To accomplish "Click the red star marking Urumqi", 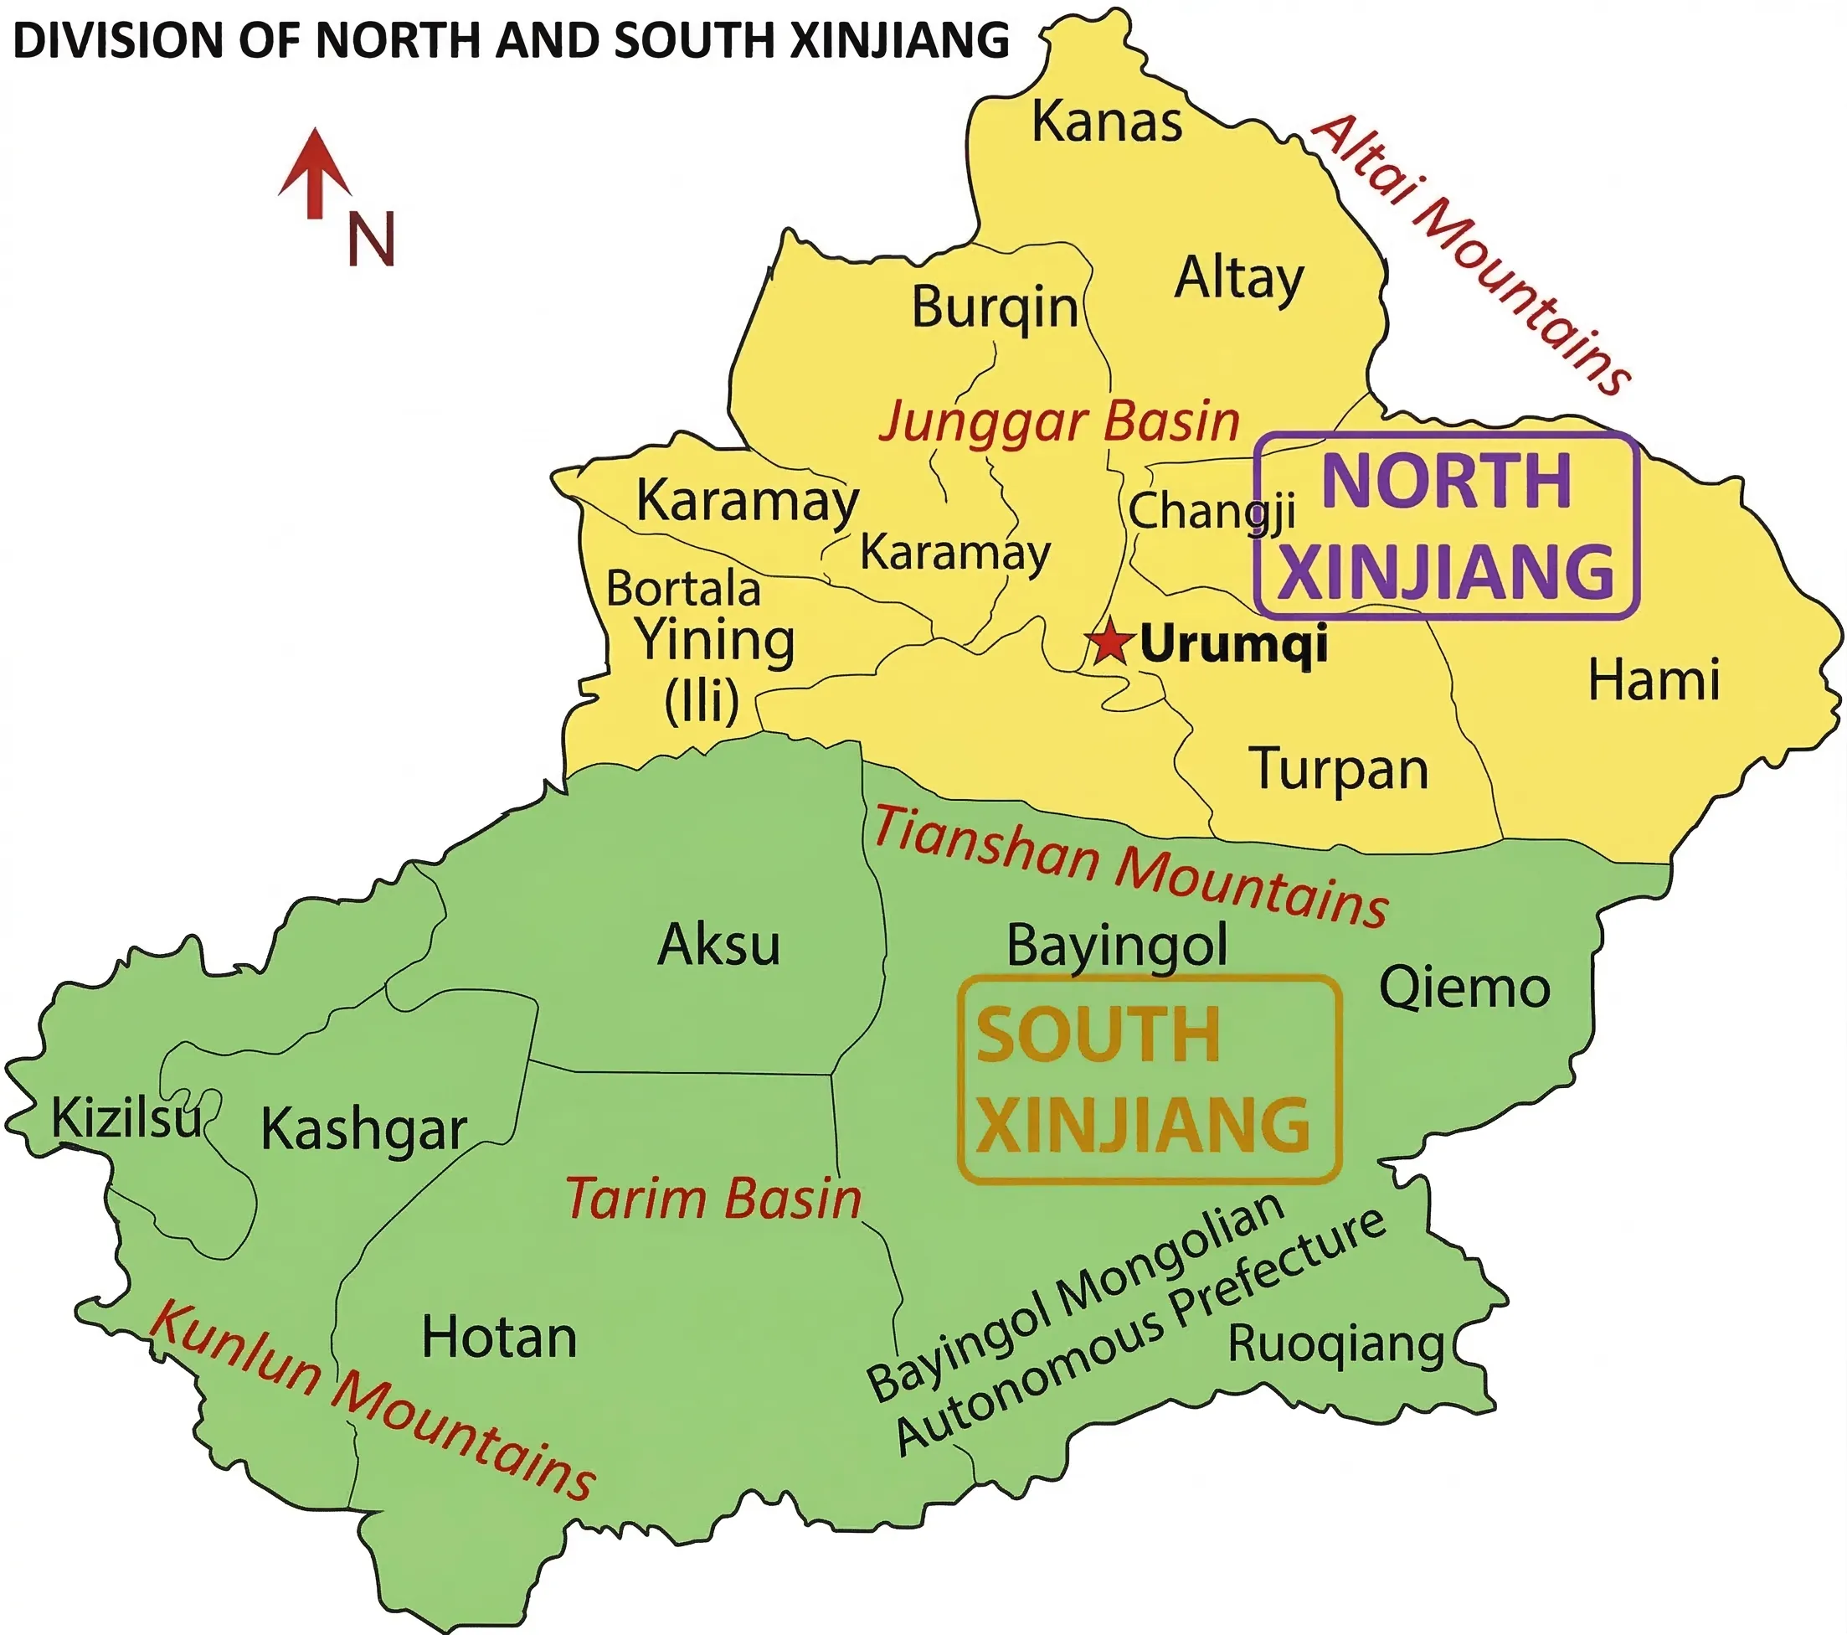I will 1109,642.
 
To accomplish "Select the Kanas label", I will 1107,122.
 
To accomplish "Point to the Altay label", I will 1239,278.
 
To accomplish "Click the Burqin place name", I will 994,308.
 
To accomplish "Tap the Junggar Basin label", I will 1059,422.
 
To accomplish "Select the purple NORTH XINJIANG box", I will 1446,525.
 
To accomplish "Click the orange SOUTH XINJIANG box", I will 1149,1079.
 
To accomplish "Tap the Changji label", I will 1211,512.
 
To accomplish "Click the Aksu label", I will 718,946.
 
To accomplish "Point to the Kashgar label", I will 363,1130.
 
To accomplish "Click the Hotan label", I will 499,1338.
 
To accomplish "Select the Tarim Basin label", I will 714,1199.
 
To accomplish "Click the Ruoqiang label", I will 1335,1345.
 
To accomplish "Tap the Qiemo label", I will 1464,988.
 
